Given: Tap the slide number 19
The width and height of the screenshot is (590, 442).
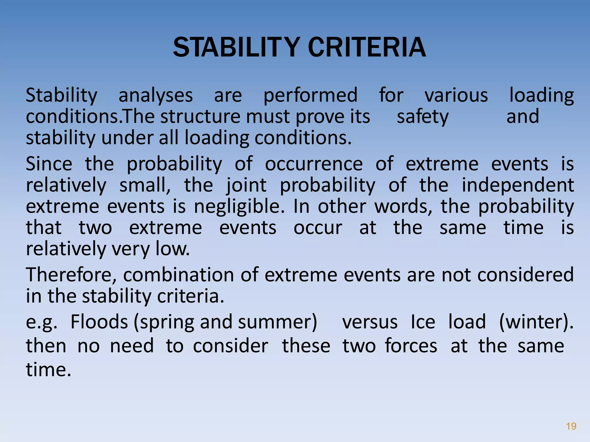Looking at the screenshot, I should [571, 426].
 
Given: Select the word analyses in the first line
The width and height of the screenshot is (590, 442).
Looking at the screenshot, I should [156, 96].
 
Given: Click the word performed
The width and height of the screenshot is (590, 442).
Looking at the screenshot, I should [310, 96].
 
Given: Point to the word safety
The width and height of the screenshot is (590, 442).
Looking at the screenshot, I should [423, 117].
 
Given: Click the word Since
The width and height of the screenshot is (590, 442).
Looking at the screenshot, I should [49, 164].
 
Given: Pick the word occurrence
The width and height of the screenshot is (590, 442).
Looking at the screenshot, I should [314, 164].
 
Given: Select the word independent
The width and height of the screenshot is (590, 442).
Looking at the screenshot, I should [518, 185].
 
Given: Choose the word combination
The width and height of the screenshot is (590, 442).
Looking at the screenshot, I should [179, 275].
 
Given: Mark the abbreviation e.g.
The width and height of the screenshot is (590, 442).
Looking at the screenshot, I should [41, 322].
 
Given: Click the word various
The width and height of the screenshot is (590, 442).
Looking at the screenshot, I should [456, 96].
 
